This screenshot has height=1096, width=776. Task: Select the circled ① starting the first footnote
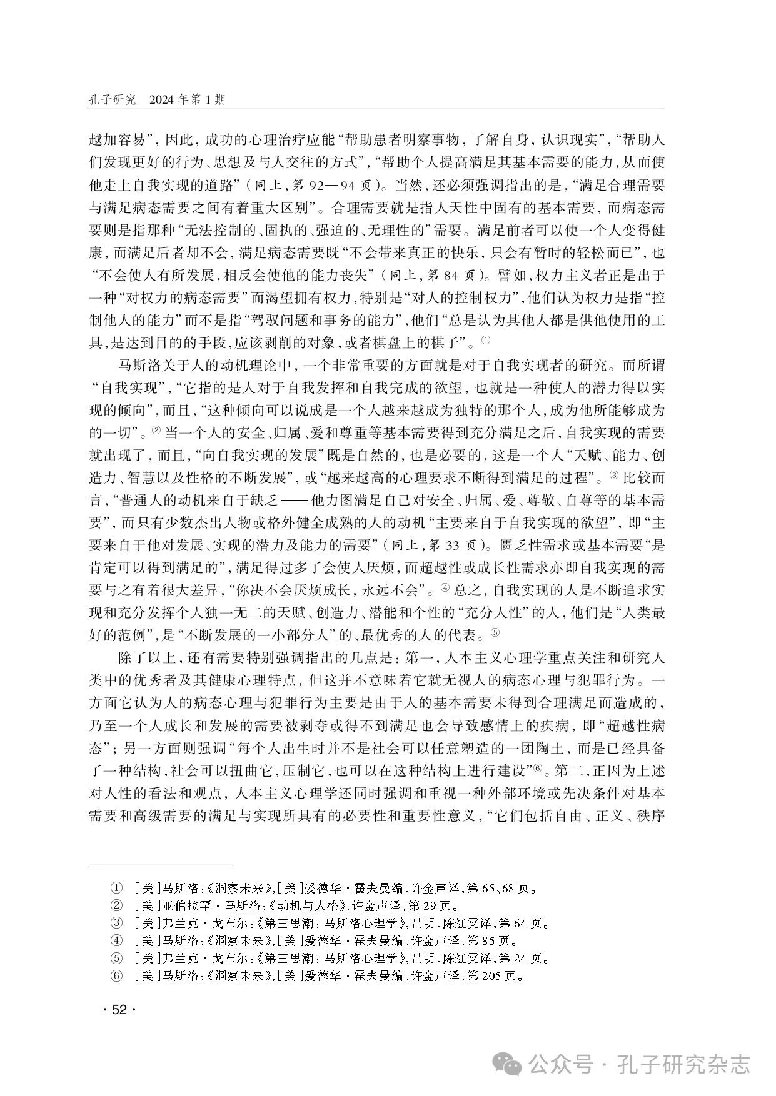tap(116, 887)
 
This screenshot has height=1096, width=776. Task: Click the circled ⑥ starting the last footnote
tap(116, 975)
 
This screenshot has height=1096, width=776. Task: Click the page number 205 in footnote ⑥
tap(493, 975)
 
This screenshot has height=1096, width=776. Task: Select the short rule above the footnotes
tap(160, 865)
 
